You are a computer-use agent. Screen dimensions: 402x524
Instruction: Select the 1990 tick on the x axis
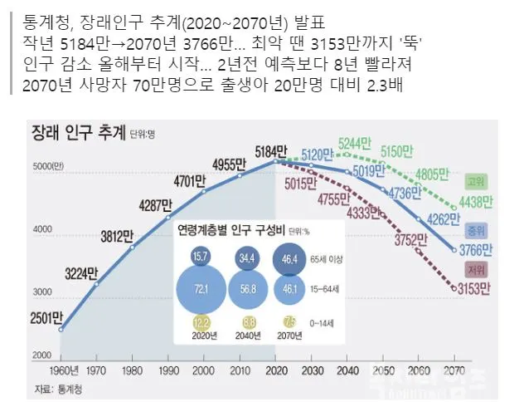168,371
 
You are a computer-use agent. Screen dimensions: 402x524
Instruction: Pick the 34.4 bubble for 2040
246,259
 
